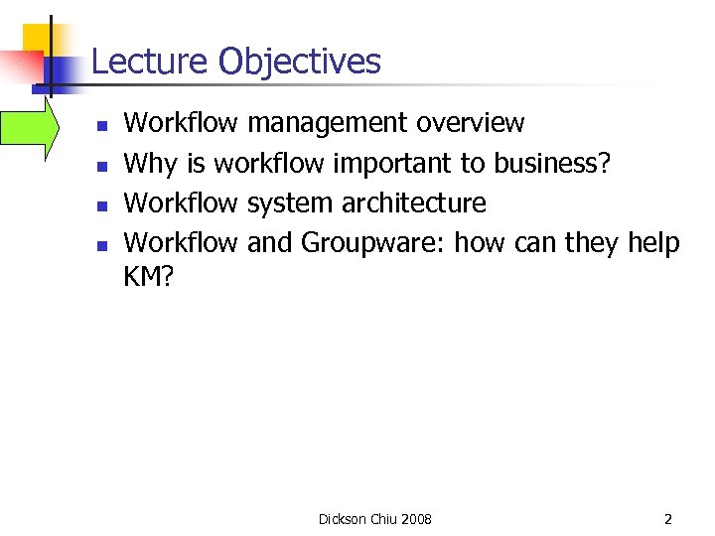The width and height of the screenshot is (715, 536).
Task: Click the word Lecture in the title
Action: pyautogui.click(x=150, y=62)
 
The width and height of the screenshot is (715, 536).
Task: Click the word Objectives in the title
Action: pyautogui.click(x=300, y=62)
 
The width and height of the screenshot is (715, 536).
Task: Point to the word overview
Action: pyautogui.click(x=470, y=123)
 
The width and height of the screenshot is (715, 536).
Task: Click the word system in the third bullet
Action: pyautogui.click(x=290, y=203)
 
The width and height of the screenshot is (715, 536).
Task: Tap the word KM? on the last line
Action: pyautogui.click(x=148, y=279)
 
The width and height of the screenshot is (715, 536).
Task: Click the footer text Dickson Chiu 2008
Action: pyautogui.click(x=374, y=519)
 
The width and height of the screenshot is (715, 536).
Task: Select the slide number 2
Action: pyautogui.click(x=668, y=519)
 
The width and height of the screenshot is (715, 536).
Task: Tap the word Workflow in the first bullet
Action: pyautogui.click(x=181, y=123)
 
